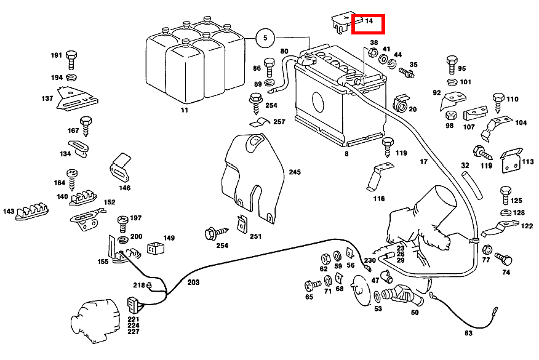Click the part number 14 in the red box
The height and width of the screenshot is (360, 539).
pos(369,22)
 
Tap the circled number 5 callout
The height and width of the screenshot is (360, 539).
pos(265,38)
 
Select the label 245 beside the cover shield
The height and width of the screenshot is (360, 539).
pos(295,172)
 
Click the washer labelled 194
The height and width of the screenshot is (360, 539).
pos(71,78)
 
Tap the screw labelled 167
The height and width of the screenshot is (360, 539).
pos(86,126)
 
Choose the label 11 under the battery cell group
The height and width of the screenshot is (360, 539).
pos(185,110)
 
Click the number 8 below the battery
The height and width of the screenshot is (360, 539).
pos(347,154)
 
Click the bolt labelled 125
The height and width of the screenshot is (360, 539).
pos(505,194)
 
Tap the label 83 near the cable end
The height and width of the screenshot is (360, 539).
pos(468,333)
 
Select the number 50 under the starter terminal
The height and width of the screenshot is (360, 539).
pos(415,313)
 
